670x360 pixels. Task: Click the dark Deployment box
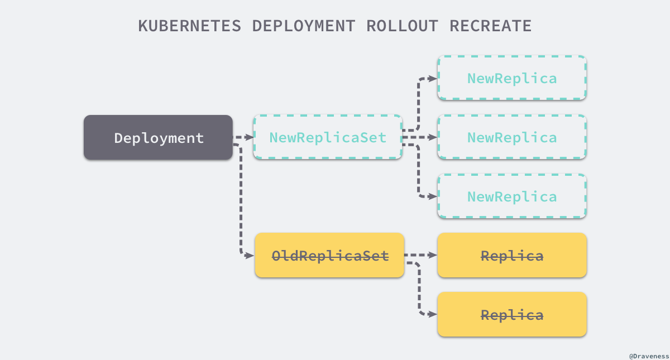[158, 137]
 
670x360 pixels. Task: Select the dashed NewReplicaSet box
[328, 137]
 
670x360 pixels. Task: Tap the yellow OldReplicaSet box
[329, 256]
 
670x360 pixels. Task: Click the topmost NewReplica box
[511, 78]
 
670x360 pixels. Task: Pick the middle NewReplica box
[511, 137]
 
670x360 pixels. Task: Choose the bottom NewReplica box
[511, 196]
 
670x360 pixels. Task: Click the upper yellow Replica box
[511, 256]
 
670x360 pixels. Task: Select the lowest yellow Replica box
[511, 315]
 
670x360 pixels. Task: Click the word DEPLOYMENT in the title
[303, 26]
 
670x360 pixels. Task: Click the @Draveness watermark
[648, 355]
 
